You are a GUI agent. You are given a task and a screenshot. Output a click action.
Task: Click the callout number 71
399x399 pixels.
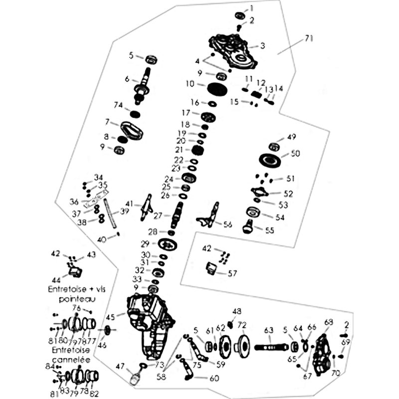click(x=309, y=37)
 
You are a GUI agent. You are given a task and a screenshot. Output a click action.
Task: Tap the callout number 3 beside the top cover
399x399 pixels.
click(x=262, y=46)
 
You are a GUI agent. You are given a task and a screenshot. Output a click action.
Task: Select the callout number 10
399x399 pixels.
click(x=189, y=84)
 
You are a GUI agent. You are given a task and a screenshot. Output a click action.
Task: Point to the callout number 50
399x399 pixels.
click(x=295, y=154)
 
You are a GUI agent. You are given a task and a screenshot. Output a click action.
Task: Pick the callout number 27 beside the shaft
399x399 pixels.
click(x=158, y=215)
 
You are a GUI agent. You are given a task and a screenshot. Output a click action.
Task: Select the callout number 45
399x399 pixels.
click(x=110, y=316)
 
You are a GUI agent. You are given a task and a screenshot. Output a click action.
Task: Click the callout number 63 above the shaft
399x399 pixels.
click(x=269, y=330)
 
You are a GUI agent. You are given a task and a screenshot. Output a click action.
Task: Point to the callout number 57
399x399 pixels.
click(x=232, y=273)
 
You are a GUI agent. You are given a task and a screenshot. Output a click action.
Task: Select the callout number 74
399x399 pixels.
click(x=118, y=105)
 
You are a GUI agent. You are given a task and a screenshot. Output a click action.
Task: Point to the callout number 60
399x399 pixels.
click(x=214, y=378)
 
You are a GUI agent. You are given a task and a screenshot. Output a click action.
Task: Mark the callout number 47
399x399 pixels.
click(x=120, y=367)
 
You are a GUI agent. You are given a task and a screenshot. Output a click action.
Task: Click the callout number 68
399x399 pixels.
click(x=328, y=322)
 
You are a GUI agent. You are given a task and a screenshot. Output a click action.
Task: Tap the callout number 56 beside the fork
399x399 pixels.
click(x=228, y=224)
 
